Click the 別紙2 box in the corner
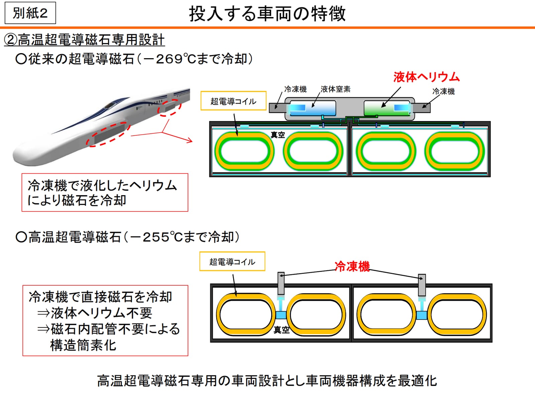coord(30,13)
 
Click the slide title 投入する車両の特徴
coord(267,14)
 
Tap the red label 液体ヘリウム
coord(426,77)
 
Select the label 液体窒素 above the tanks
coord(335,89)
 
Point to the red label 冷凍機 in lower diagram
coord(352,266)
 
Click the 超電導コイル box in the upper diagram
coord(233,101)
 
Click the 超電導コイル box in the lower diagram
coord(232,261)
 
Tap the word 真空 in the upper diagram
coord(278,135)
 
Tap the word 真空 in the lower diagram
coord(281,330)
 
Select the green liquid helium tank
coord(387,108)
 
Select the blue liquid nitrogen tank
coord(312,108)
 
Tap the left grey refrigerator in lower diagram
coord(281,283)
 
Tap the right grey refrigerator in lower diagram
coord(422,285)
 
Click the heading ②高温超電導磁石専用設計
coord(84,40)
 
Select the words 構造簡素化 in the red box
coord(83,345)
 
